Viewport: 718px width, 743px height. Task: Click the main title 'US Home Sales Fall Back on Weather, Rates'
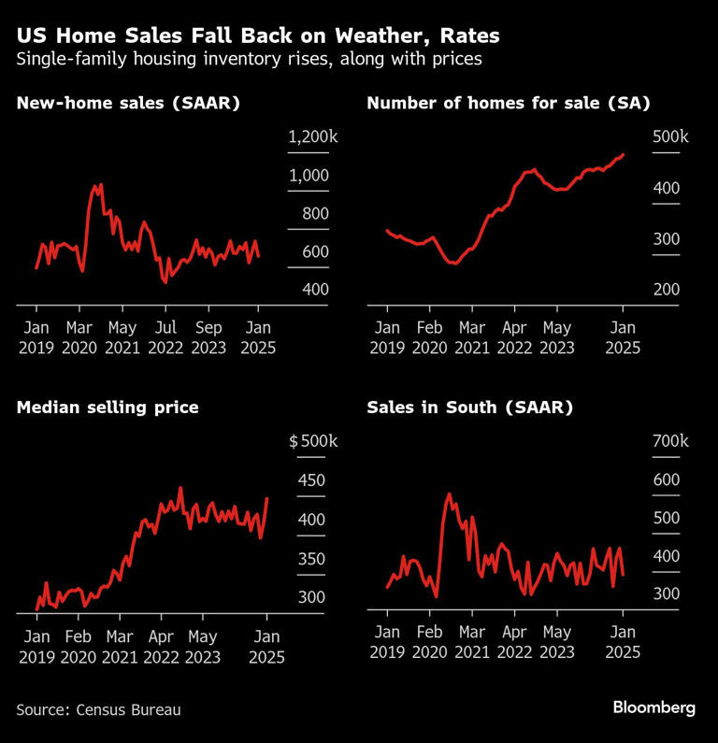[x=258, y=37]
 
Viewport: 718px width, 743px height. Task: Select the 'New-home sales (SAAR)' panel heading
[x=128, y=103]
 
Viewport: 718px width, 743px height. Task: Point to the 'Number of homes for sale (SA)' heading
[x=508, y=103]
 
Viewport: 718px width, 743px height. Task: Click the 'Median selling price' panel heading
[x=107, y=407]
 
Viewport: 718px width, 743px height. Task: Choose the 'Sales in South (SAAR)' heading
[x=469, y=407]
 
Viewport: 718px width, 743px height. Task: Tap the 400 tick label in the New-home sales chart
[x=316, y=290]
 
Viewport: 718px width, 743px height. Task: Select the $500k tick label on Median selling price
[x=308, y=441]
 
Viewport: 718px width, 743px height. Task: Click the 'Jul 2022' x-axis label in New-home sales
[x=165, y=336]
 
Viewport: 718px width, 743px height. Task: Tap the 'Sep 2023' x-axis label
[x=210, y=336]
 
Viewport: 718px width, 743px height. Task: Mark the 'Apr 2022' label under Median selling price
[x=161, y=646]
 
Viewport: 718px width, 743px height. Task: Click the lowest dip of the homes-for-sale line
[x=454, y=264]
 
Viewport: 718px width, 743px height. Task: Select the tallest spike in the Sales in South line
[x=450, y=493]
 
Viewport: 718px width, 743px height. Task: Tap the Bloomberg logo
[x=653, y=707]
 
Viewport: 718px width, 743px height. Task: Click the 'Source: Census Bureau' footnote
[x=98, y=709]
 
